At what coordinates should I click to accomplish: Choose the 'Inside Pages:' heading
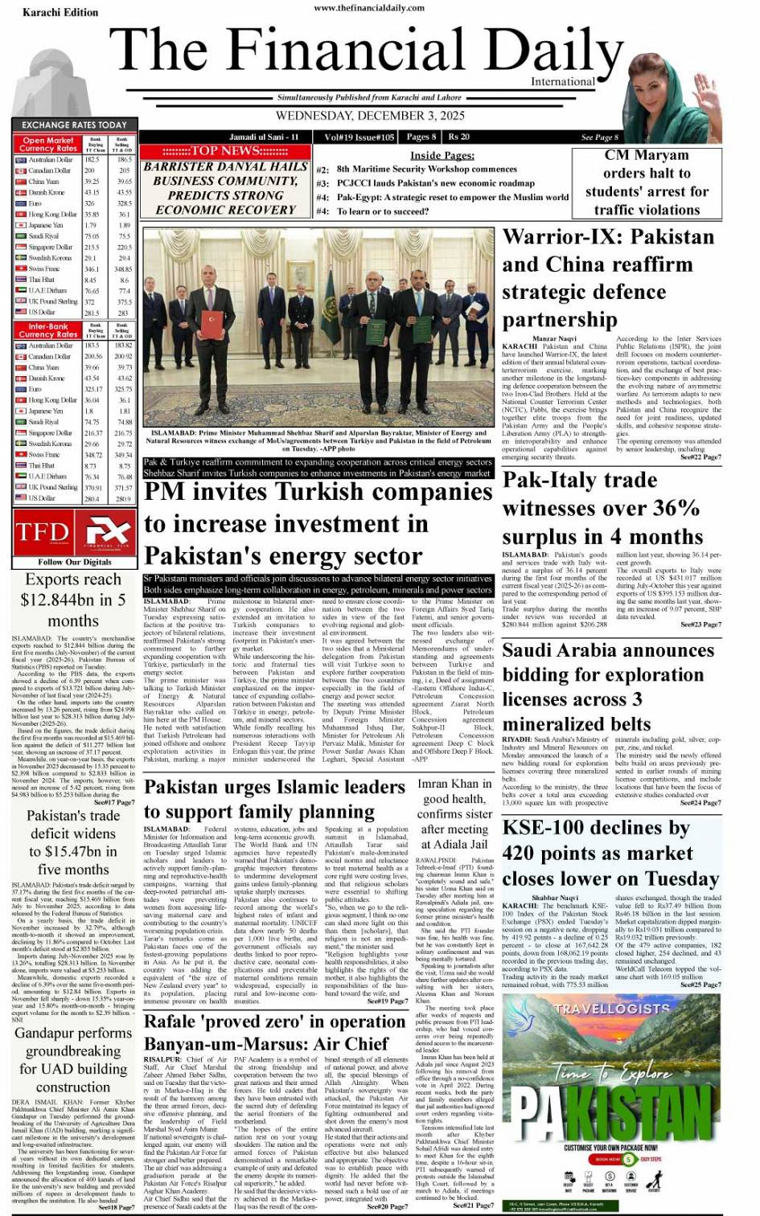[442, 155]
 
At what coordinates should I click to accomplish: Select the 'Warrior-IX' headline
[608, 277]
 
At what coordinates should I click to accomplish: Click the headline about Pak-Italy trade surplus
[602, 508]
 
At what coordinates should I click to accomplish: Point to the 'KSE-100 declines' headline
[610, 853]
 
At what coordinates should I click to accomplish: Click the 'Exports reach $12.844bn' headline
[73, 600]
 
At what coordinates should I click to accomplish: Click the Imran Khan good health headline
[454, 813]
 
